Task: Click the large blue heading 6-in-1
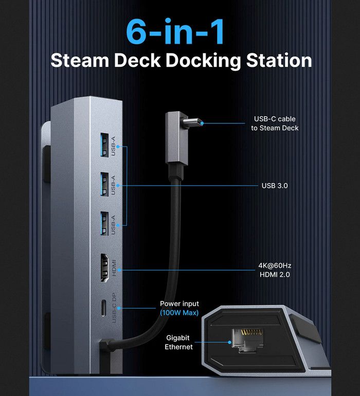(x=175, y=32)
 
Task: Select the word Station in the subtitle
(x=279, y=60)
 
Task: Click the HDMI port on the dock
(x=104, y=267)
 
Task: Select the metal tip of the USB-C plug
(x=194, y=123)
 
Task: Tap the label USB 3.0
(x=274, y=185)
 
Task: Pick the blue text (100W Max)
(x=179, y=313)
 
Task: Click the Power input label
(x=179, y=304)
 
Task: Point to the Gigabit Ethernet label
(x=179, y=343)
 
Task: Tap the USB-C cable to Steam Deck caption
(x=275, y=123)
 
